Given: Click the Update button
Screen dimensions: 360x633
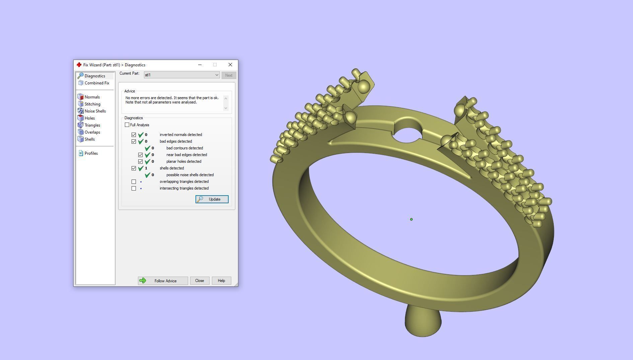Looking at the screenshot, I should coord(212,199).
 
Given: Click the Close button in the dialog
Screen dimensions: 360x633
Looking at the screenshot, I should coord(200,281).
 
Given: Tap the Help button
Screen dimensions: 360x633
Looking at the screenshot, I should coord(221,281).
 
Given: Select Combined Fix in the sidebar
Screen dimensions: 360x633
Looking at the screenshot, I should coord(97,83).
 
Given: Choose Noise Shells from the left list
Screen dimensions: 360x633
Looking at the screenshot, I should coord(95,111).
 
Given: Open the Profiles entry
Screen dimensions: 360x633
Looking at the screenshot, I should coord(91,153).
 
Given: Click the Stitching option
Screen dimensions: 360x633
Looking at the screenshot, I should coord(92,104).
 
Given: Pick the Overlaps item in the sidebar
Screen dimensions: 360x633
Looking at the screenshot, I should coord(92,132).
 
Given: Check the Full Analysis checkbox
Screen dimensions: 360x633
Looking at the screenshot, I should coord(127,125).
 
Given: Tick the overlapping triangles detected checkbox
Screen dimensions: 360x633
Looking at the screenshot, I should coord(134,182).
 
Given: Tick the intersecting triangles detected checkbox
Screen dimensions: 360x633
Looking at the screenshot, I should coord(134,188).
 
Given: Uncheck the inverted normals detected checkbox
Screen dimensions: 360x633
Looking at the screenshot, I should coord(134,135).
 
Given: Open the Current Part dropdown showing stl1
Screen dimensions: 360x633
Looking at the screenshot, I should coord(182,75).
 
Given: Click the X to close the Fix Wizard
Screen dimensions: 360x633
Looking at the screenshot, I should coord(230,65).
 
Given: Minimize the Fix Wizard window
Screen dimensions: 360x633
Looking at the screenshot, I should coord(200,65).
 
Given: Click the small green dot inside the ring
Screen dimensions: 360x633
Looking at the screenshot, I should coord(411,219).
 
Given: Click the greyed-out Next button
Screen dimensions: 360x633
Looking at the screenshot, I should coord(229,75).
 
